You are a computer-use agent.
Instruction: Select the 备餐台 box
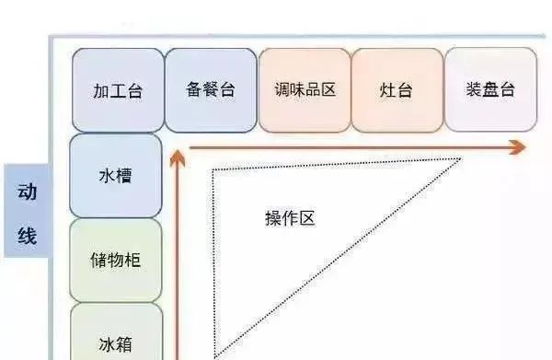(x=211, y=89)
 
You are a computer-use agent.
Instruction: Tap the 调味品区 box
(x=305, y=89)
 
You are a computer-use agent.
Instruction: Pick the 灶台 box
(x=397, y=89)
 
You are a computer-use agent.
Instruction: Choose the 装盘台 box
(x=490, y=89)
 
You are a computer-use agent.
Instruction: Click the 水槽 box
(x=116, y=175)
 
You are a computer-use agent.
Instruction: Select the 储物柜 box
(x=116, y=260)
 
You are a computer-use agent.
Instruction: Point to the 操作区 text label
(x=290, y=218)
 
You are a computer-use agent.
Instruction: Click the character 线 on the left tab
(x=27, y=237)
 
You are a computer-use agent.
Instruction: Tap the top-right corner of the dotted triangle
(x=460, y=159)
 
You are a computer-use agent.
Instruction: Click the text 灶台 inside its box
(x=397, y=91)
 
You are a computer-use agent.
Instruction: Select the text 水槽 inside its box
(x=116, y=175)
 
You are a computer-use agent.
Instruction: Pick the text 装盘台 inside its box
(x=490, y=90)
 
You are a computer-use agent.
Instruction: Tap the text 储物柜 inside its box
(x=116, y=260)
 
